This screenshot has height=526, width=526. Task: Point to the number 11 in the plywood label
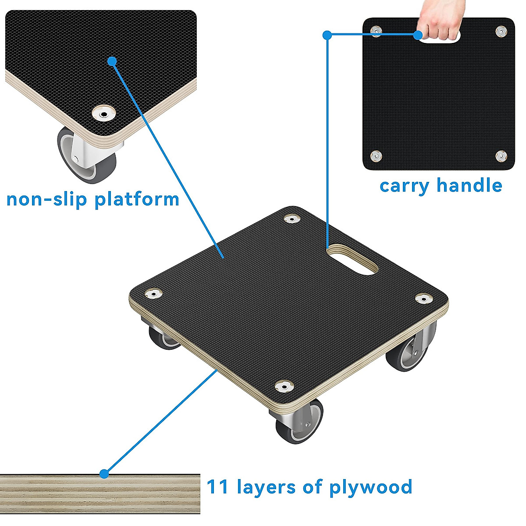click(217, 487)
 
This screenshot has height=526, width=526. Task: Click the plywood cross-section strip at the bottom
click(100, 493)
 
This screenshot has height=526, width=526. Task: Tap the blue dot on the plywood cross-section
click(104, 474)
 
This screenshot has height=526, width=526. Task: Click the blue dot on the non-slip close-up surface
click(112, 61)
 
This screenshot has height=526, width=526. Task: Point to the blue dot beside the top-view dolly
click(327, 35)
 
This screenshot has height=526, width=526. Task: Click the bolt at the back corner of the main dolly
click(291, 218)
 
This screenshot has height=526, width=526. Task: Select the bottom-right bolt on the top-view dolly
click(501, 155)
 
